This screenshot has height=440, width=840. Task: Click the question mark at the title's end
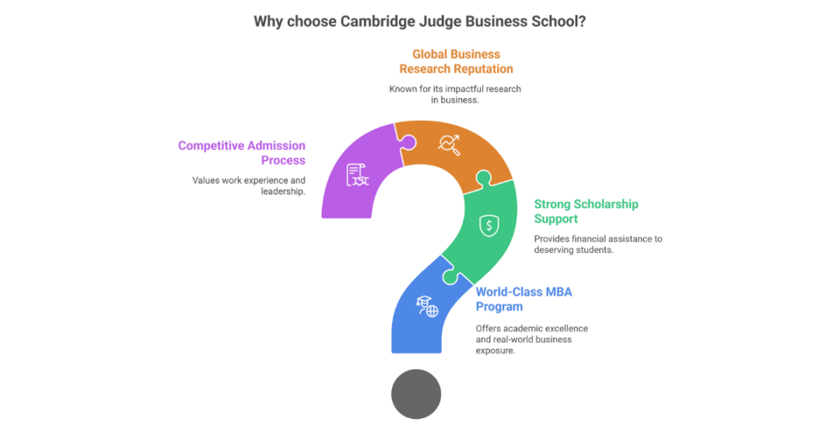pos(582,22)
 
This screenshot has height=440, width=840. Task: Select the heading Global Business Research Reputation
pos(456,62)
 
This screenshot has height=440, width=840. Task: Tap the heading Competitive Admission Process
pos(242,153)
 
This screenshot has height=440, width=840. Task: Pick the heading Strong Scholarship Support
pos(586,211)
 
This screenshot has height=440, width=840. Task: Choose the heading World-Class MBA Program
pos(523,299)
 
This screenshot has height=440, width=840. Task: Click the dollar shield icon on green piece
pos(488,226)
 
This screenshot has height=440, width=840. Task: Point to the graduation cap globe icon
pos(427,307)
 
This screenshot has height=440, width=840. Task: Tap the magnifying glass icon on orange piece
pos(449,144)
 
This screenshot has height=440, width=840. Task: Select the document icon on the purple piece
pos(357,174)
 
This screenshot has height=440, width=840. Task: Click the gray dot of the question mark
pos(416,394)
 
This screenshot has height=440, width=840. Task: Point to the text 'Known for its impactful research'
pos(455,89)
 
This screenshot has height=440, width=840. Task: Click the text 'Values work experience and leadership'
pos(249,185)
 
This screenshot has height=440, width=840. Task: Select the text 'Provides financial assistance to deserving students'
pos(597,244)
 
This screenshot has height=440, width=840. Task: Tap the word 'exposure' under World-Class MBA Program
pos(495,350)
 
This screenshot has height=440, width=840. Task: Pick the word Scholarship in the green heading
pos(605,204)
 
